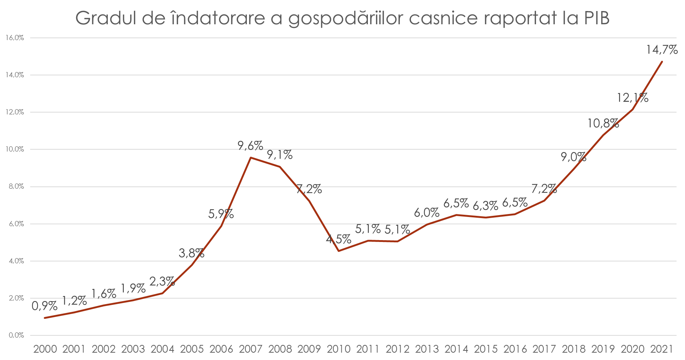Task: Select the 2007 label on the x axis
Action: pyautogui.click(x=251, y=349)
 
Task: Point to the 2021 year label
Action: pyautogui.click(x=661, y=349)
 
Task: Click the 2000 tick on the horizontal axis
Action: pyautogui.click(x=45, y=349)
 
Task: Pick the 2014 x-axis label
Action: pyautogui.click(x=456, y=349)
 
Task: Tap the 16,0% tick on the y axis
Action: pyautogui.click(x=15, y=38)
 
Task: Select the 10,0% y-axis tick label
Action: pyautogui.click(x=15, y=149)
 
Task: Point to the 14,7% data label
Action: pyautogui.click(x=662, y=50)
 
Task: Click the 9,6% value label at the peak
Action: pyautogui.click(x=250, y=146)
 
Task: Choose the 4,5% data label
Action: pyautogui.click(x=338, y=239)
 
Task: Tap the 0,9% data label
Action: pyautogui.click(x=45, y=306)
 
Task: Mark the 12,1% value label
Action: pyautogui.click(x=632, y=98)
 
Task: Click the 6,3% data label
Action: pyautogui.click(x=485, y=206)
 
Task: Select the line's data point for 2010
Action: pyautogui.click(x=338, y=251)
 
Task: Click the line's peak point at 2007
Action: pyautogui.click(x=251, y=157)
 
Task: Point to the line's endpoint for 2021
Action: pyautogui.click(x=662, y=61)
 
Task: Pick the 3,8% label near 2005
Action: pyautogui.click(x=192, y=253)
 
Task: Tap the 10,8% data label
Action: pyautogui.click(x=603, y=123)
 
